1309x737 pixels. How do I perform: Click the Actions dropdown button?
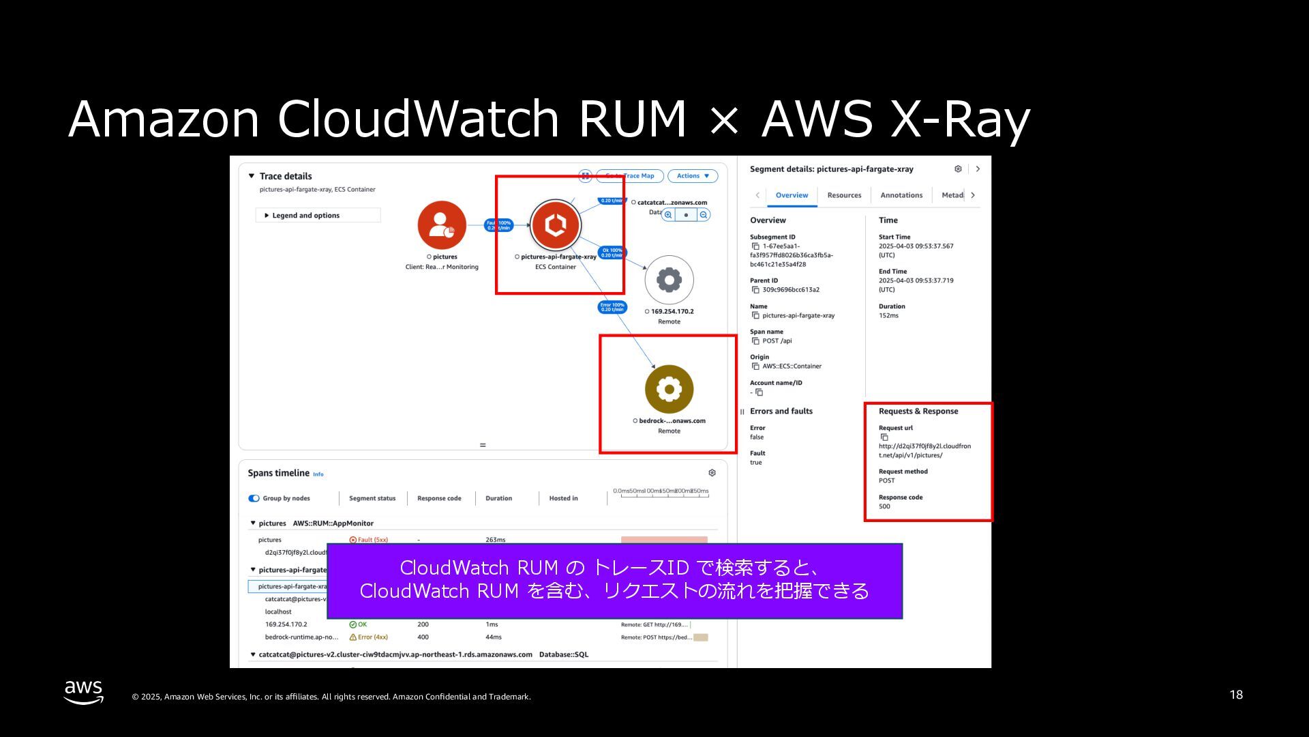[692, 176]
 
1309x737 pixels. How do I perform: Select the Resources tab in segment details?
[844, 195]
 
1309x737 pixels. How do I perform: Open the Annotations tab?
[901, 195]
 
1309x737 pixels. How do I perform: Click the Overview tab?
[792, 195]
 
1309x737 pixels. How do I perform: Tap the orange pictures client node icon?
[442, 225]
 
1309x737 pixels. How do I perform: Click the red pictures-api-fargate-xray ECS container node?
[556, 225]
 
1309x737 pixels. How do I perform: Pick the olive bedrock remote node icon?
[669, 389]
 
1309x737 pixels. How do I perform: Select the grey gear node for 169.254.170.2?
[669, 280]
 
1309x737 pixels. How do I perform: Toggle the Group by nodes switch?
[254, 498]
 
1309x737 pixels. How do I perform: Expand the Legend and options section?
[305, 216]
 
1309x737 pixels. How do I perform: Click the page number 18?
[1236, 695]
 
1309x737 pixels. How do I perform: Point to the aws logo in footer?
[84, 691]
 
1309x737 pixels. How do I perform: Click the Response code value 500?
[884, 506]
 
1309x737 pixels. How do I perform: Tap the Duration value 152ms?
[888, 315]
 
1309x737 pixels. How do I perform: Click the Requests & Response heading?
[918, 411]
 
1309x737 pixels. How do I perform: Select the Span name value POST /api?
[777, 341]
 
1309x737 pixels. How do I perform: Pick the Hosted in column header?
[563, 498]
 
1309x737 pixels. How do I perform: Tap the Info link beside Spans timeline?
[318, 474]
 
